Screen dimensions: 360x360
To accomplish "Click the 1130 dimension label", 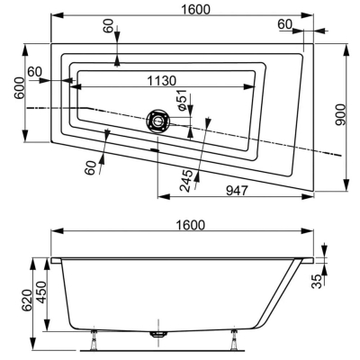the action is click(162, 81).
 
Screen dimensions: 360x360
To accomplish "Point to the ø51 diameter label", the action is click(182, 100).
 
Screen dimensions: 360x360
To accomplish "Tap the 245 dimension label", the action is click(185, 181).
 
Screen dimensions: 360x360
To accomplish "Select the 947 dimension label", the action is click(237, 190).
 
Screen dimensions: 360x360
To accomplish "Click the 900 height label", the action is click(340, 115).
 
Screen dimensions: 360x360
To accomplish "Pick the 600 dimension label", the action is click(20, 88).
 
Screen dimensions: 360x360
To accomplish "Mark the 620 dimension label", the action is click(27, 301).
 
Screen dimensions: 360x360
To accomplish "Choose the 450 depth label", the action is click(40, 292).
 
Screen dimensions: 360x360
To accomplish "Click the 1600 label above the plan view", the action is click(196, 10).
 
